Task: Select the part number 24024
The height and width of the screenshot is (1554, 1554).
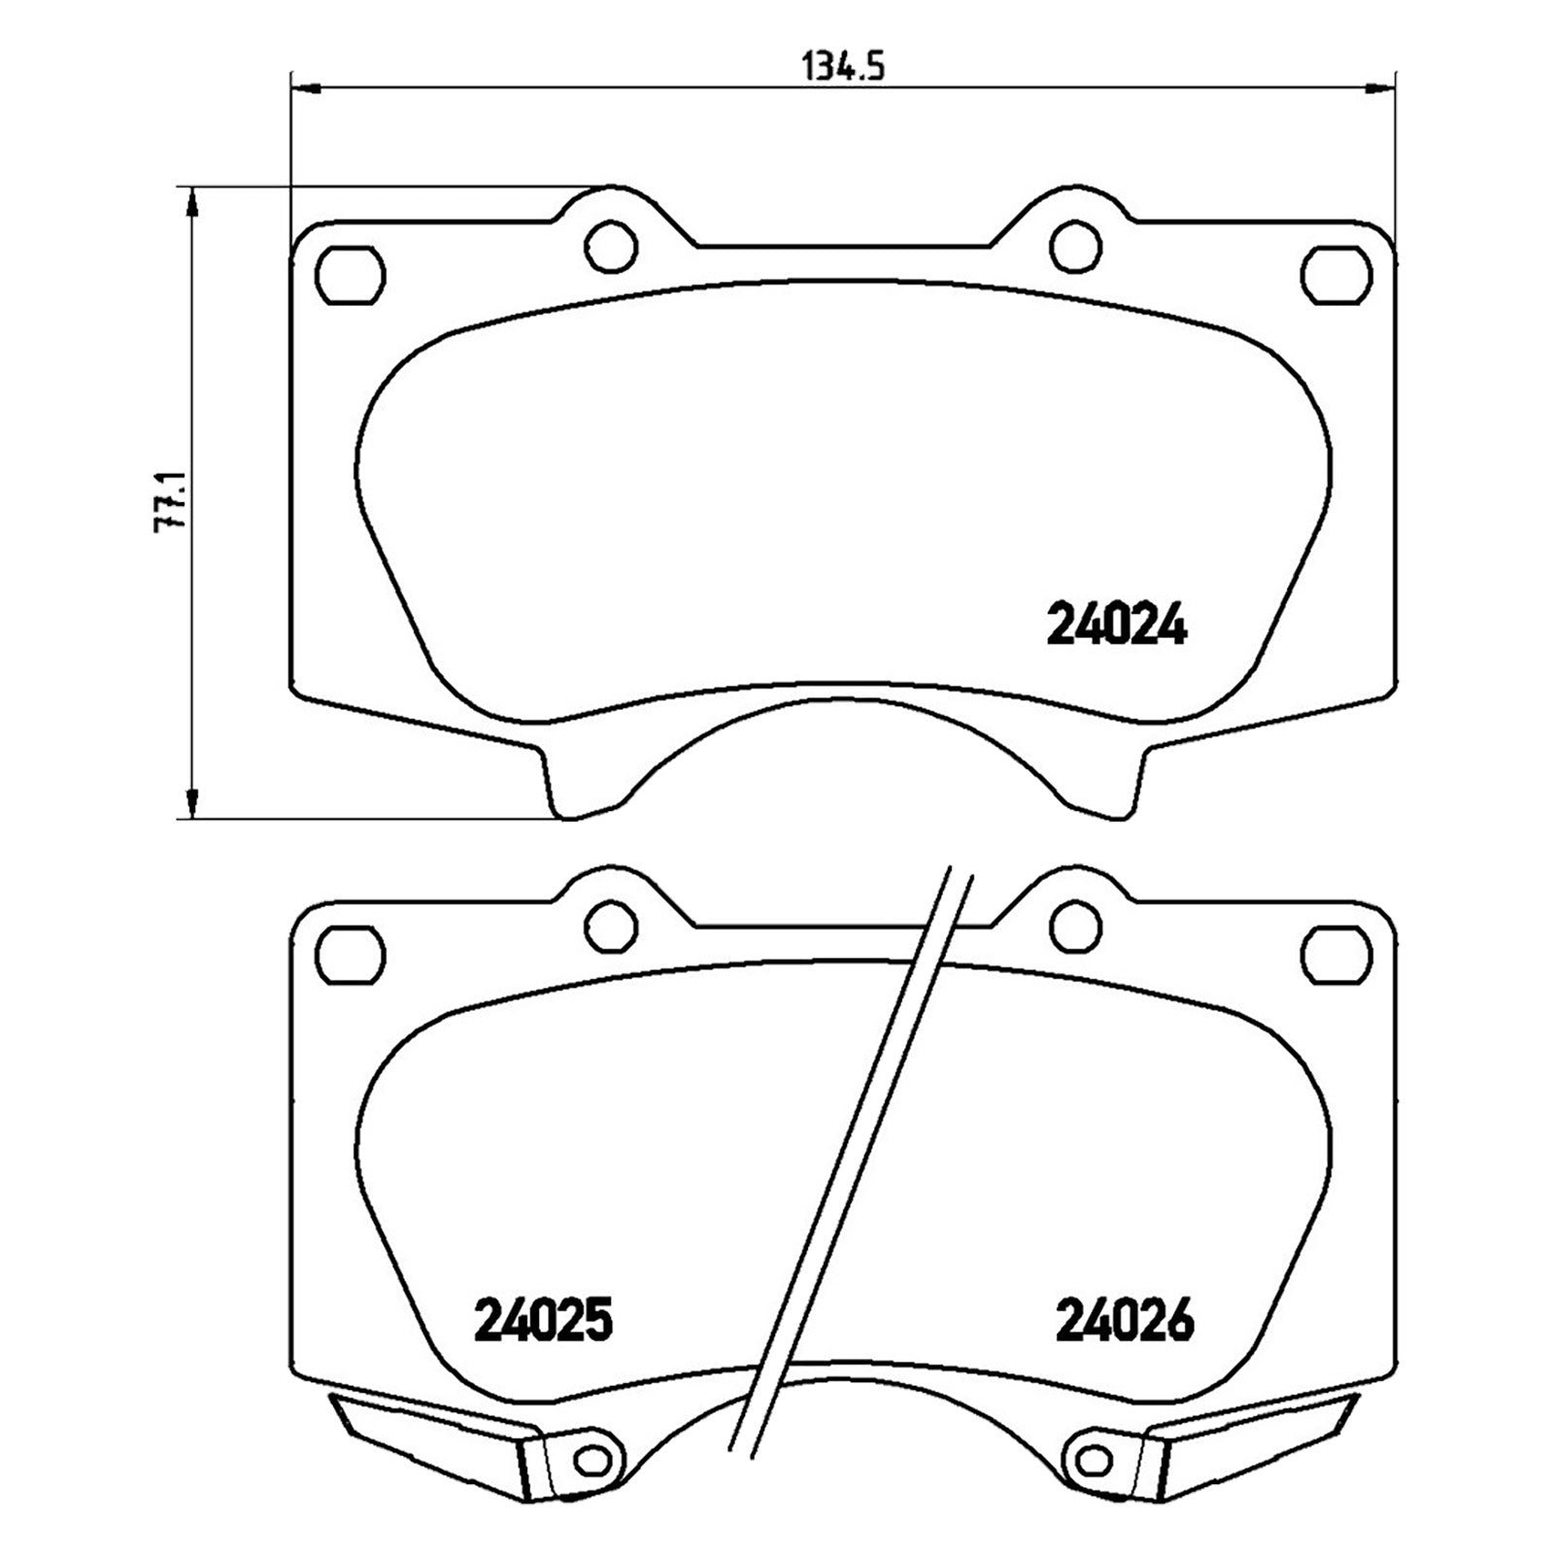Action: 1116,626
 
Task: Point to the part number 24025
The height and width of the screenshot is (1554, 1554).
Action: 544,1321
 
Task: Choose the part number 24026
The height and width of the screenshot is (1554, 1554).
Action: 1124,1321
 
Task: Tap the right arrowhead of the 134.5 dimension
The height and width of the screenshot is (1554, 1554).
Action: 1380,89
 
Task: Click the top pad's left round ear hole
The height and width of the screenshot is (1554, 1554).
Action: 612,247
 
